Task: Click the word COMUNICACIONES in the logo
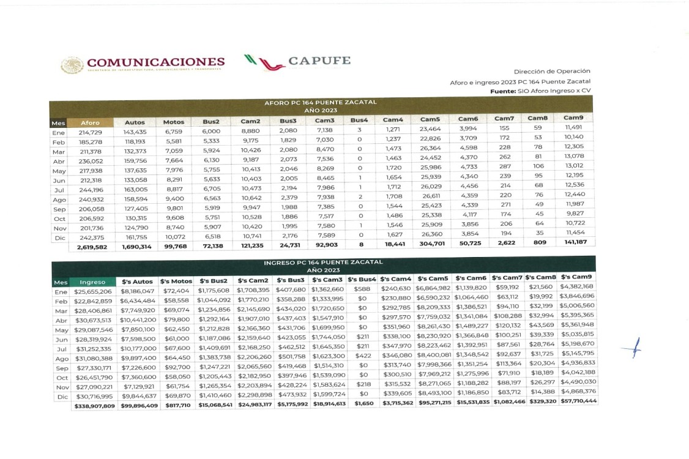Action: (x=155, y=62)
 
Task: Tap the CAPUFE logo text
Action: (x=319, y=61)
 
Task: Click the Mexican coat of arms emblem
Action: (x=72, y=65)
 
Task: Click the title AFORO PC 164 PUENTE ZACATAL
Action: (x=320, y=102)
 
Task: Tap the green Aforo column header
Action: (x=90, y=123)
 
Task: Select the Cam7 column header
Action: (x=504, y=118)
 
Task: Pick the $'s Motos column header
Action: (x=176, y=281)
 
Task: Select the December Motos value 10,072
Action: (x=174, y=237)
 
